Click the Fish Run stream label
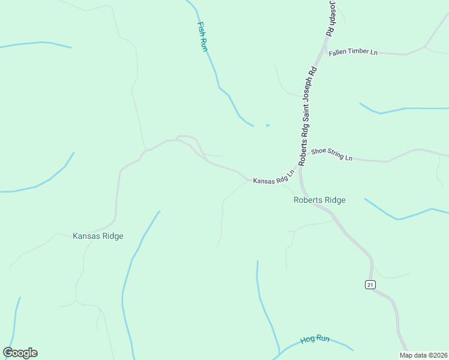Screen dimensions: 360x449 (203, 36)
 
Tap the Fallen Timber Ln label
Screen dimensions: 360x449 (353, 53)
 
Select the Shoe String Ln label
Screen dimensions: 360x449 (331, 155)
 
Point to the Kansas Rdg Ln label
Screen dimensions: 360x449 (274, 178)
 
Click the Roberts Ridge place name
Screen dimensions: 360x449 (319, 200)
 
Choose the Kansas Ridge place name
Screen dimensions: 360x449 (98, 236)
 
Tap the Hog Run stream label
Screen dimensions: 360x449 (316, 339)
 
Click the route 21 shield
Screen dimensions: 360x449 (370, 284)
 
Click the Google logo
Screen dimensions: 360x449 (20, 353)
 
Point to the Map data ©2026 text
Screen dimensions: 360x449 (423, 355)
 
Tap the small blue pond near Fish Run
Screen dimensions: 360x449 (267, 125)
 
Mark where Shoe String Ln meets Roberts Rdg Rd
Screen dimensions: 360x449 (307, 148)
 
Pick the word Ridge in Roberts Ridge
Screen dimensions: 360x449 (334, 200)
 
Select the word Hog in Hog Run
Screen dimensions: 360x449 (308, 340)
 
